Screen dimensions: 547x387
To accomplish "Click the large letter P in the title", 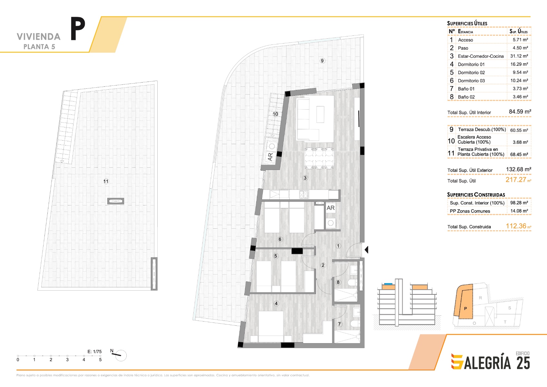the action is [78, 28].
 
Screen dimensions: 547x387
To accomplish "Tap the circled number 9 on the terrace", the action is [322, 61].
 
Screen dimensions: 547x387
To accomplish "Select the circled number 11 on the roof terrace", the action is [106, 181].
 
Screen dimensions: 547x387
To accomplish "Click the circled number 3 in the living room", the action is [305, 178].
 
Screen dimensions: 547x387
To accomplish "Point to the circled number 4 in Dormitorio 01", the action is [276, 303].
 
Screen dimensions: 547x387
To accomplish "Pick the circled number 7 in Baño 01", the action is [339, 324].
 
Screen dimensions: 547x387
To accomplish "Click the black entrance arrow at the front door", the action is [366, 250].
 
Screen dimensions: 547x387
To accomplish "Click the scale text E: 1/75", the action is [94, 352].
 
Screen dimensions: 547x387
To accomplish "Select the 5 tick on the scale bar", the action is [100, 356].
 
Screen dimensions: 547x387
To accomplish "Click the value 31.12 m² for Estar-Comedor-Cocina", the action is [519, 56].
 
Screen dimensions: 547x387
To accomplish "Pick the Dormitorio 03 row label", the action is [471, 81].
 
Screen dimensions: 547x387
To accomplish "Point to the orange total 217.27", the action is [516, 180].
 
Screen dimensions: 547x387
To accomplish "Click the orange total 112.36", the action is [516, 226].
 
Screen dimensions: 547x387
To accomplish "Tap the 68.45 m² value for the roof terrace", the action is [519, 154].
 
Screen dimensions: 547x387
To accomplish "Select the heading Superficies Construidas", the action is [476, 195].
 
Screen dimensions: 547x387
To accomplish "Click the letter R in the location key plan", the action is [480, 298].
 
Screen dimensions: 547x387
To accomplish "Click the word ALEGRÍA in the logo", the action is [487, 363].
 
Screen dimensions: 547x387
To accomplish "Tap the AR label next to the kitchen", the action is [331, 208].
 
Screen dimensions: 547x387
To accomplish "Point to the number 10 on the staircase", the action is [275, 114].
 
